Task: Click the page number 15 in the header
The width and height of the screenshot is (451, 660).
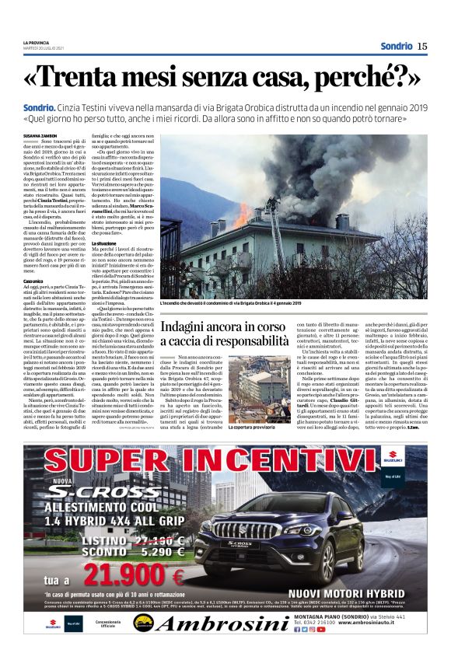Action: point(421,46)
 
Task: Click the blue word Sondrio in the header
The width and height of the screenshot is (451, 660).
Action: point(397,46)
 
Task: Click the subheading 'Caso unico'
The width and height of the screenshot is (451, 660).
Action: point(33,280)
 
